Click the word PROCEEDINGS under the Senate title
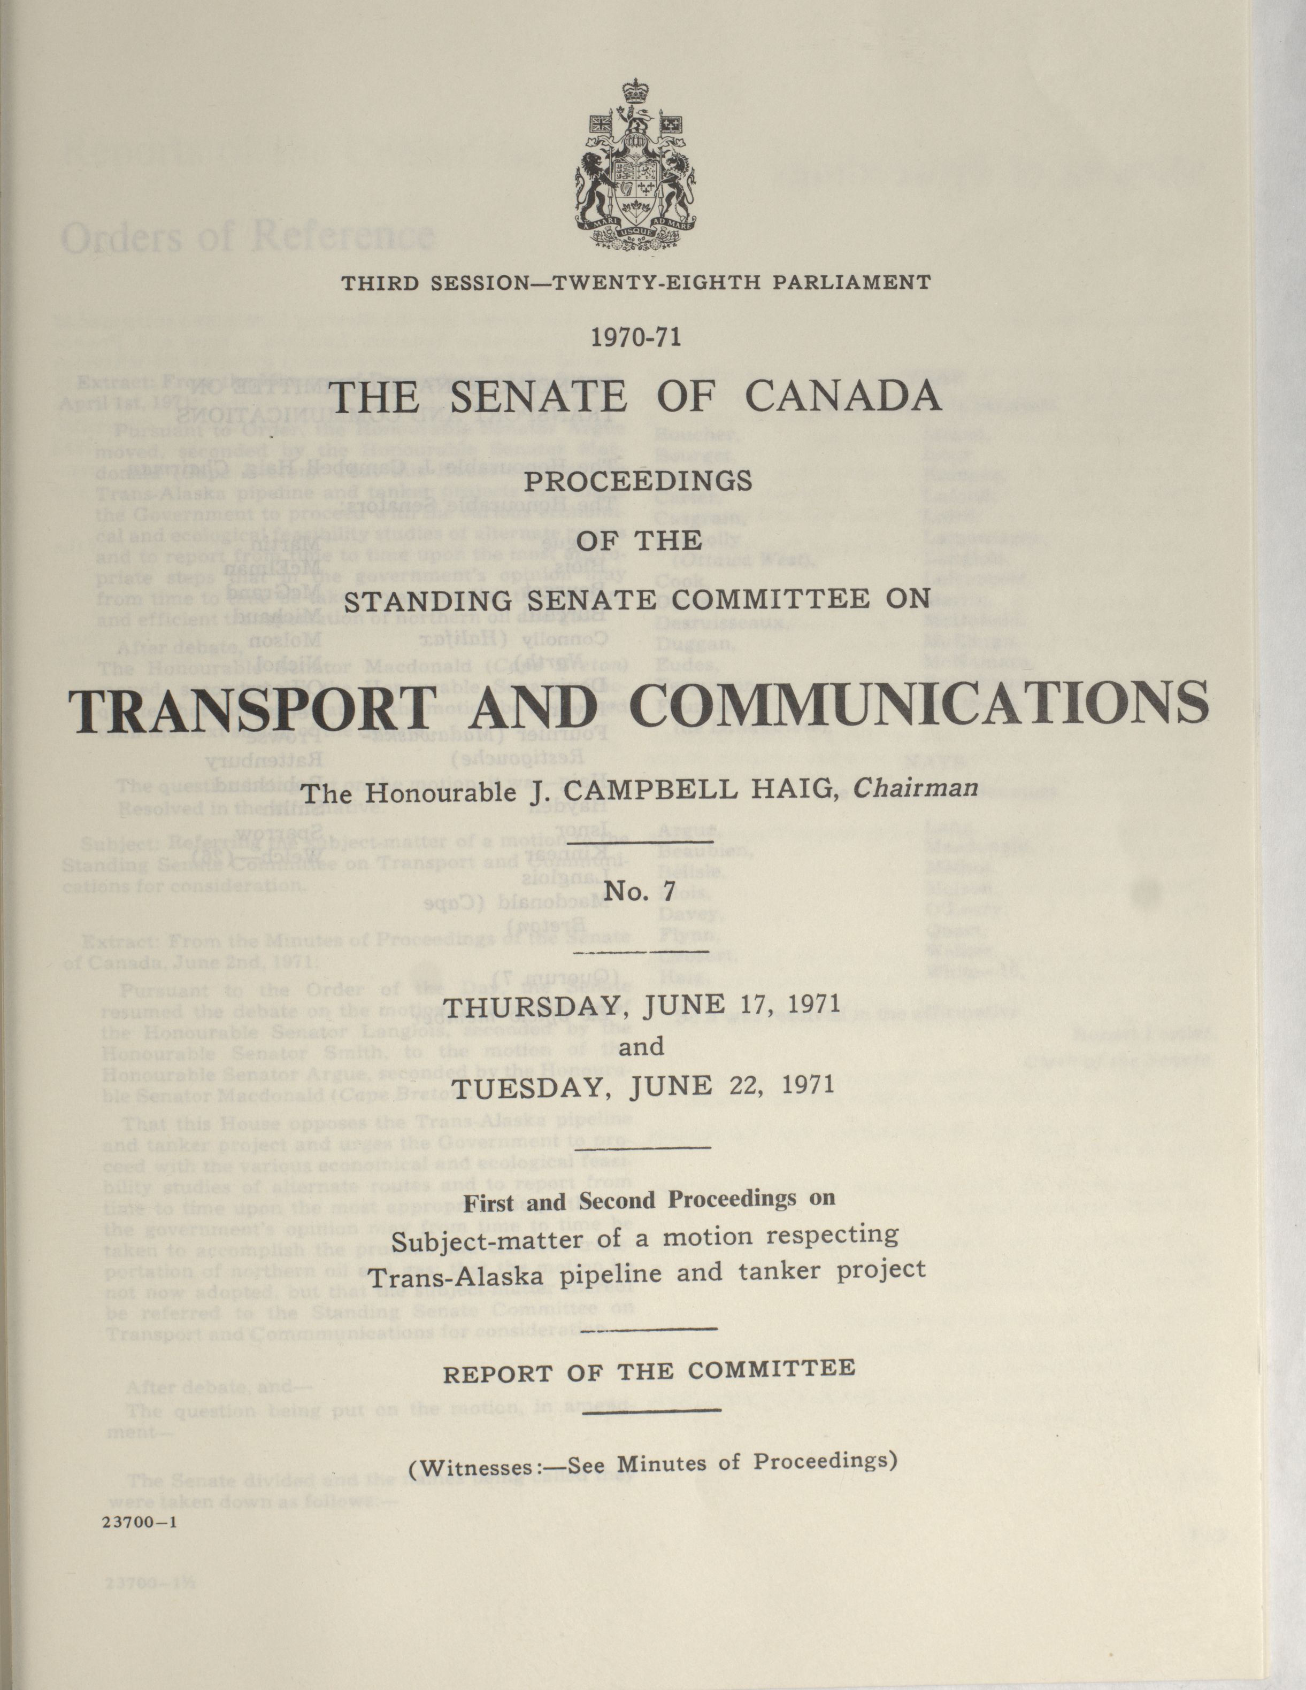click(x=639, y=481)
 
